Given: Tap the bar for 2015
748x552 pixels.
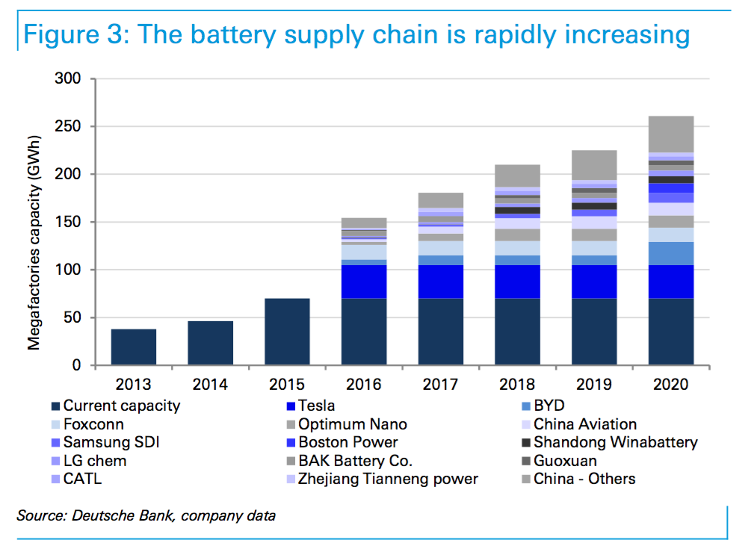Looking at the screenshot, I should [287, 332].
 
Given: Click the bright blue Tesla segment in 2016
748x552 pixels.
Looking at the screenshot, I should [364, 282].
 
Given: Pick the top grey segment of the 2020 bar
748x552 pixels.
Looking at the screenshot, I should [671, 134].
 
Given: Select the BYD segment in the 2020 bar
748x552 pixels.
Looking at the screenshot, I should [671, 253].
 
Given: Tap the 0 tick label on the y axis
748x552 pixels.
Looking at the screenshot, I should [80, 365].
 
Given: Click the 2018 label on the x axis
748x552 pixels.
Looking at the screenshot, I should [517, 385].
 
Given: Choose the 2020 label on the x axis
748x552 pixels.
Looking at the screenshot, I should [671, 385].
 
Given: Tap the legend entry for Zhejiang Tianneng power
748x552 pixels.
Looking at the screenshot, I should [387, 479].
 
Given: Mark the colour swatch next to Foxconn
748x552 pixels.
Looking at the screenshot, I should [56, 424].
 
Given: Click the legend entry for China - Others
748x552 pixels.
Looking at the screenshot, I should [584, 479].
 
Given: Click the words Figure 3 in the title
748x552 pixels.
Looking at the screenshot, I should [72, 34].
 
